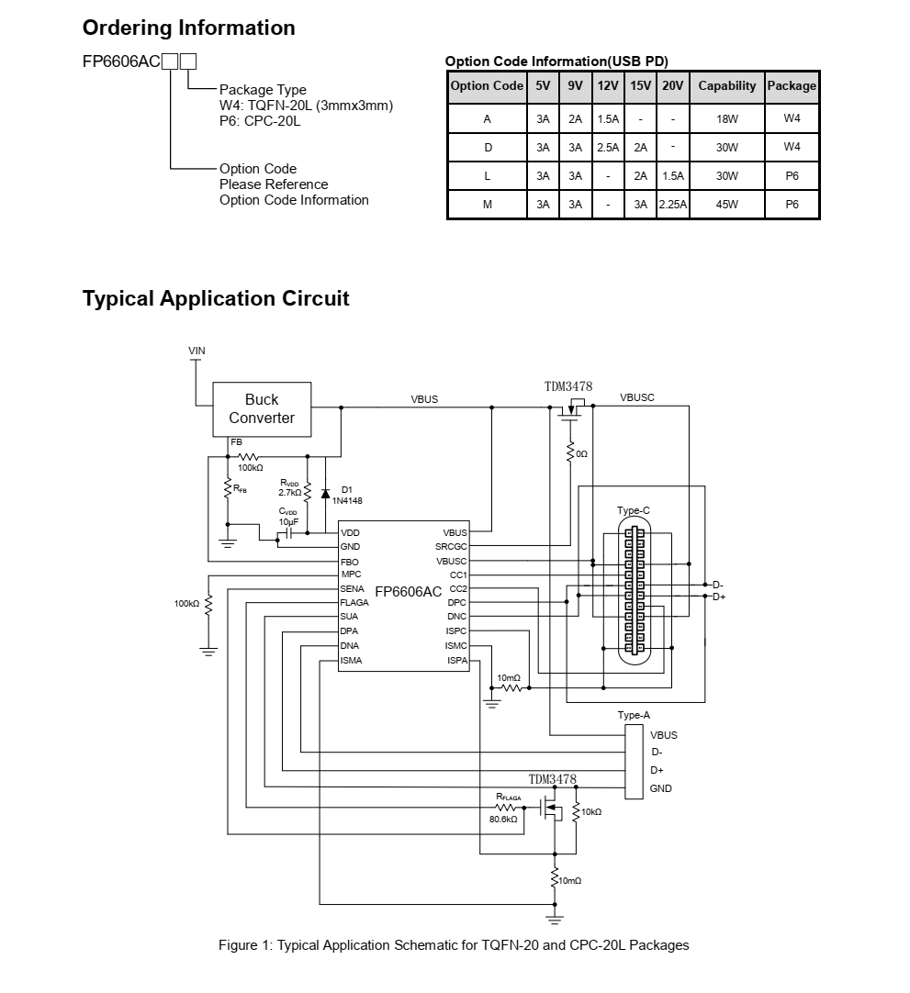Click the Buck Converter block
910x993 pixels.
pyautogui.click(x=262, y=409)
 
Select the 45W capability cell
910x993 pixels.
pyautogui.click(x=727, y=205)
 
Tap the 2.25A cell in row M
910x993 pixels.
pyautogui.click(x=673, y=205)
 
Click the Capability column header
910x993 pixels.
pyautogui.click(x=727, y=86)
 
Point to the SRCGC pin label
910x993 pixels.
pyautogui.click(x=451, y=547)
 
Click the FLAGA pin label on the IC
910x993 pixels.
pyautogui.click(x=354, y=602)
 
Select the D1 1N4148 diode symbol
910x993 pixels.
pyautogui.click(x=325, y=494)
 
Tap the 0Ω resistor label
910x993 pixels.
pyautogui.click(x=582, y=454)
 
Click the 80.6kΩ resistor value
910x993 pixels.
pyautogui.click(x=503, y=819)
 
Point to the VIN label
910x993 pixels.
pyautogui.click(x=197, y=351)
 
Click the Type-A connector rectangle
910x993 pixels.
pyautogui.click(x=634, y=762)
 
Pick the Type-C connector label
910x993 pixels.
pyautogui.click(x=633, y=510)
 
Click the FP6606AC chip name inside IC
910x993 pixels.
pyautogui.click(x=408, y=592)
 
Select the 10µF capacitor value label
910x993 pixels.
pyautogui.click(x=288, y=522)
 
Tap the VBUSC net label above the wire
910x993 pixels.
pyautogui.click(x=637, y=397)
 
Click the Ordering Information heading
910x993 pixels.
pyautogui.click(x=189, y=28)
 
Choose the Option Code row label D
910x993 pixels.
pyautogui.click(x=488, y=148)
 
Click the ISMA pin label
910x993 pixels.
pyautogui.click(x=351, y=661)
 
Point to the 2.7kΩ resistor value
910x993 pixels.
pyautogui.click(x=289, y=492)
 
